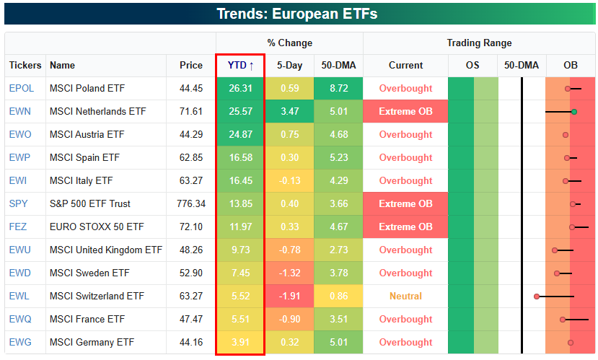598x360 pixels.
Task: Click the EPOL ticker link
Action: click(22, 88)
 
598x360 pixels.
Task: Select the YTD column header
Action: click(240, 65)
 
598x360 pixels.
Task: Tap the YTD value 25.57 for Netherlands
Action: click(240, 111)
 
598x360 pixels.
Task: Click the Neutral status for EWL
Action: click(405, 296)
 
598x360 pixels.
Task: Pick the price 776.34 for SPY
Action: click(191, 203)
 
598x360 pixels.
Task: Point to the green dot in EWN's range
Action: click(574, 112)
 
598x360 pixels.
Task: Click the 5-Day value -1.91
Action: click(289, 296)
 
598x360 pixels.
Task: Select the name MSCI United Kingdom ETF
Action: click(106, 250)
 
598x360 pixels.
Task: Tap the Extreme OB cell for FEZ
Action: click(405, 227)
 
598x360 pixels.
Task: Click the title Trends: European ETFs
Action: click(297, 14)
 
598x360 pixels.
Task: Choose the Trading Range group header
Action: click(479, 43)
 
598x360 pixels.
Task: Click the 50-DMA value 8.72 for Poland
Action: click(338, 88)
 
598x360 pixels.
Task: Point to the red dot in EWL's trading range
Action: click(537, 297)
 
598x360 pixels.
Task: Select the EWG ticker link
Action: click(20, 342)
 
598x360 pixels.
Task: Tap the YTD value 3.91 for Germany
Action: click(240, 342)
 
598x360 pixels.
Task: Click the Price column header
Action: click(191, 65)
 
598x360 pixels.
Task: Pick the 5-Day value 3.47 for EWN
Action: click(289, 111)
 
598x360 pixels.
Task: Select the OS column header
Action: click(472, 65)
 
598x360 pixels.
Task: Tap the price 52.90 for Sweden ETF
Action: click(191, 273)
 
